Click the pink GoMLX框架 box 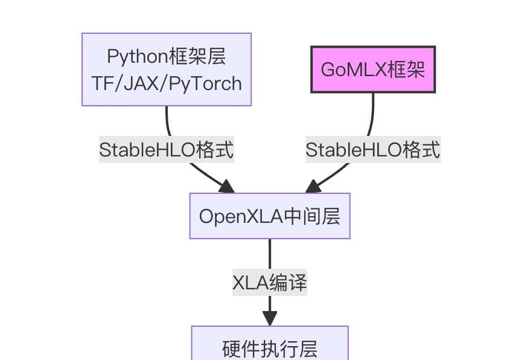[x=373, y=69]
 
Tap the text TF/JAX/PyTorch [x=167, y=83]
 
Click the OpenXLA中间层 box [x=270, y=216]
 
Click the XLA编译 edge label [x=270, y=283]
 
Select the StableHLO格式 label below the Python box [x=166, y=150]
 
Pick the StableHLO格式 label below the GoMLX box [x=373, y=150]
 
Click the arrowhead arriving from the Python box [x=227, y=186]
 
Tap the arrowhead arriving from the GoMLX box [x=313, y=186]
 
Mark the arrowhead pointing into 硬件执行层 [x=270, y=318]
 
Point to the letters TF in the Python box [x=104, y=83]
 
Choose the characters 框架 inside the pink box [x=406, y=69]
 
